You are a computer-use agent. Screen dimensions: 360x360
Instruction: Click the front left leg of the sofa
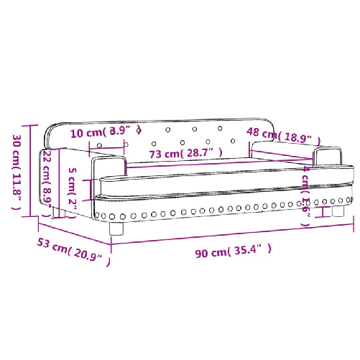[x=118, y=229]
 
